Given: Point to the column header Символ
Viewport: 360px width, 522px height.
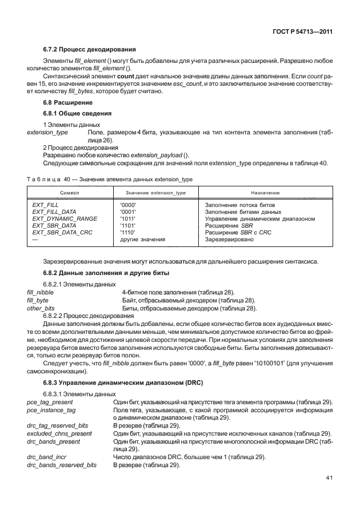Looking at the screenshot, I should [69, 193].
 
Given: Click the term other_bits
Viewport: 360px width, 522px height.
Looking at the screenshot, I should [41, 308].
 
